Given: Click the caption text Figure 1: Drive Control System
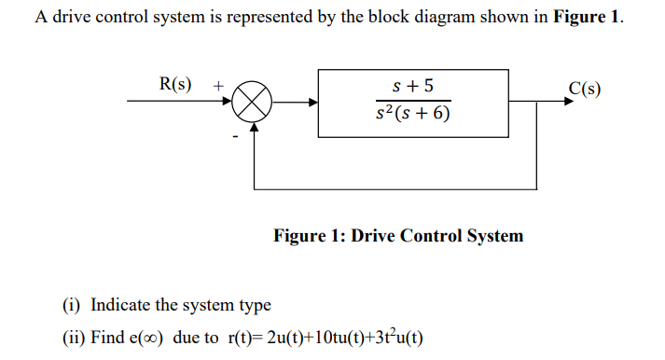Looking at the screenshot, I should (398, 236).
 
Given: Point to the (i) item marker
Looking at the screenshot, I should (72, 305).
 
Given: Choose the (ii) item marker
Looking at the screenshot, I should (74, 338).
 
